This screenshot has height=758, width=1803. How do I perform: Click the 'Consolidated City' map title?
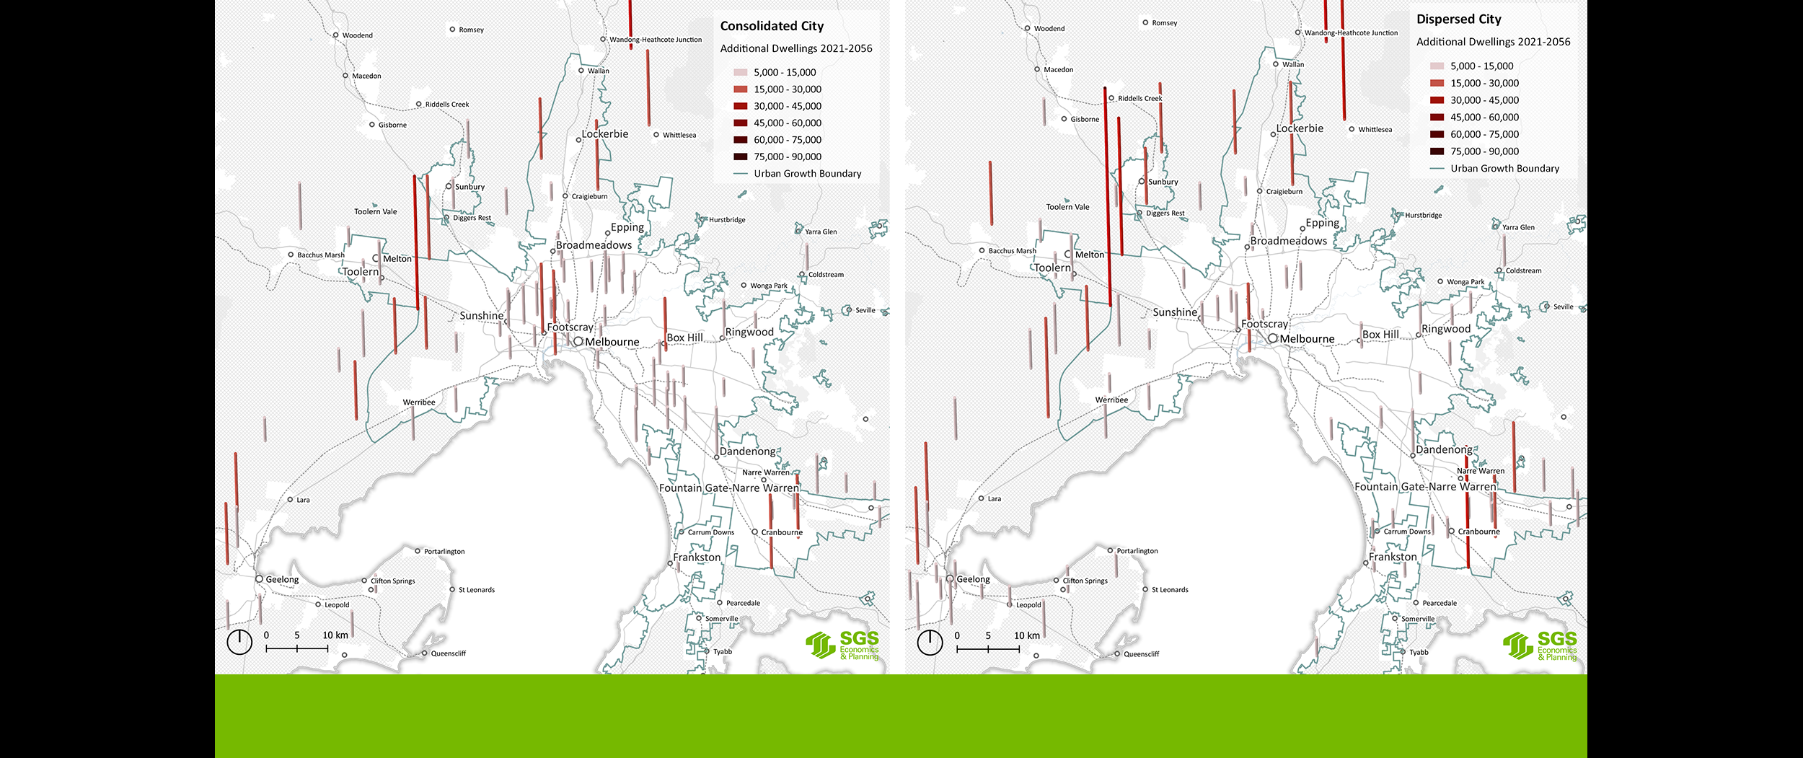[x=772, y=26]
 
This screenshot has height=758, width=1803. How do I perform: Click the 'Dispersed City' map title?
[x=1458, y=19]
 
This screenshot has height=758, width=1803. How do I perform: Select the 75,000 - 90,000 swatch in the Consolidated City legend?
[x=741, y=157]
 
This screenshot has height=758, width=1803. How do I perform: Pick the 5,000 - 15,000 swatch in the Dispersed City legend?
[x=1437, y=66]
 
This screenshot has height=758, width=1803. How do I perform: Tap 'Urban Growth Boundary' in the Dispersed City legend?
[x=1504, y=169]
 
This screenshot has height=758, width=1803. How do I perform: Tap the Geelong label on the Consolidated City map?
[x=281, y=580]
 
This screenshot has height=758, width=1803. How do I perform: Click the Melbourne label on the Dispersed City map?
[x=1307, y=339]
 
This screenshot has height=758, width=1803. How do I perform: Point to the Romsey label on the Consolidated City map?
[x=471, y=30]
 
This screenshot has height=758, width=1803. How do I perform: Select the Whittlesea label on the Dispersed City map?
[x=1375, y=130]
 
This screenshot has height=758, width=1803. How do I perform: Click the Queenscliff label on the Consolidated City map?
[x=448, y=654]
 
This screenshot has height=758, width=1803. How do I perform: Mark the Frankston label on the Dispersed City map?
[x=1393, y=558]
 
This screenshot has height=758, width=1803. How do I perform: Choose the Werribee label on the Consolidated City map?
[x=419, y=402]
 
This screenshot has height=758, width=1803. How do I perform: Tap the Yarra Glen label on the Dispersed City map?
[x=1518, y=228]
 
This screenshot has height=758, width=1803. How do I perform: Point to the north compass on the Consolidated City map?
[x=239, y=641]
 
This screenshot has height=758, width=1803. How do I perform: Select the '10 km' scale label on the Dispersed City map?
[x=1027, y=636]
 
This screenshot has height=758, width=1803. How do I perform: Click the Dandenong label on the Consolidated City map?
[x=747, y=451]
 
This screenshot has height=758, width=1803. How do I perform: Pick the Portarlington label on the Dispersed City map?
[x=1137, y=551]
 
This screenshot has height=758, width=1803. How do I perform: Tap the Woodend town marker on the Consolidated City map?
[x=336, y=35]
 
